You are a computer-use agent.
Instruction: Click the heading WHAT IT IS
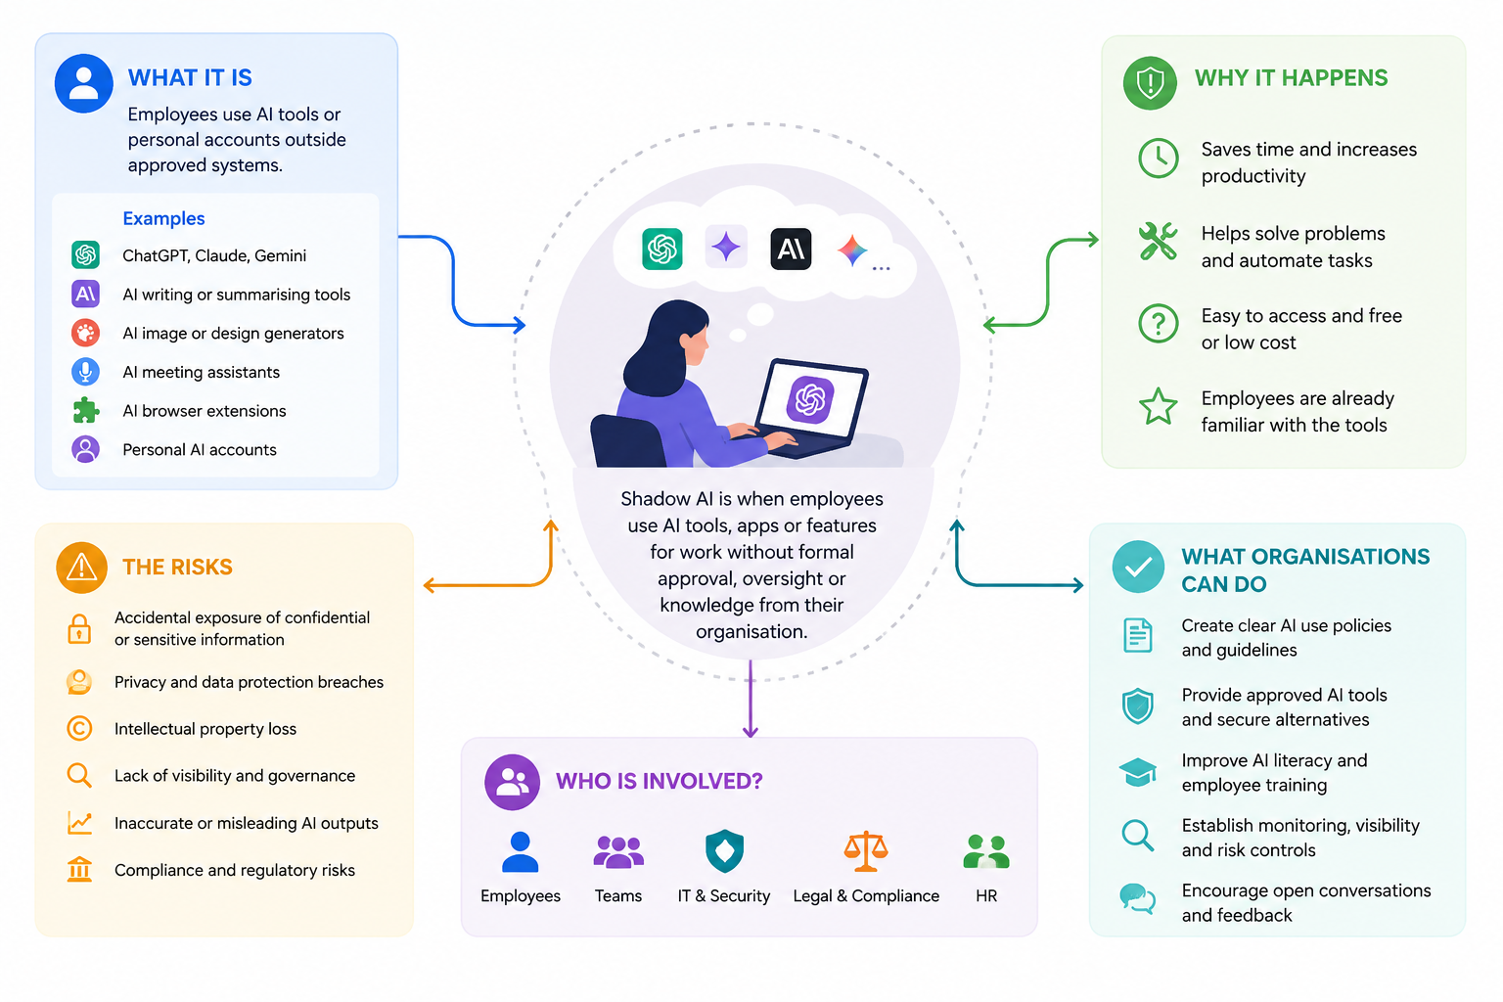(x=190, y=78)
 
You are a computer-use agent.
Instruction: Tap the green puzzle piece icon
(x=86, y=410)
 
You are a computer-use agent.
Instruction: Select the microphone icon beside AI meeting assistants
(x=86, y=371)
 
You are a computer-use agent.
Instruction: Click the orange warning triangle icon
(x=82, y=568)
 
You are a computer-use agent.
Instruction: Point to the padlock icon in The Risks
(x=79, y=629)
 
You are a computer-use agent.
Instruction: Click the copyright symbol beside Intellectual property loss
(x=79, y=728)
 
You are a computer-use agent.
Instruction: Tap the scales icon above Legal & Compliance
(x=866, y=851)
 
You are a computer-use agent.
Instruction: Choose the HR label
(x=986, y=895)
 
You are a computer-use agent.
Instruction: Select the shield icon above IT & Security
(x=725, y=851)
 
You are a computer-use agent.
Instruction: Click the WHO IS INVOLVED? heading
(x=659, y=781)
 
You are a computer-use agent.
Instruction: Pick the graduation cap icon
(x=1137, y=772)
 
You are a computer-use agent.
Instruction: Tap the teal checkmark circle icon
(x=1138, y=568)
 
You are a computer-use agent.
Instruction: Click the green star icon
(x=1159, y=407)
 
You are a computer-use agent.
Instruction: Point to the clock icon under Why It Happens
(x=1159, y=159)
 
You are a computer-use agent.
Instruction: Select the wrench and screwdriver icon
(x=1159, y=241)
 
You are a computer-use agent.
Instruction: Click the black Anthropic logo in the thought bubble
(x=791, y=249)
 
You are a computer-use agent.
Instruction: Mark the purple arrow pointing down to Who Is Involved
(x=751, y=699)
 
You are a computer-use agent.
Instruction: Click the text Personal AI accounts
(x=200, y=450)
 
